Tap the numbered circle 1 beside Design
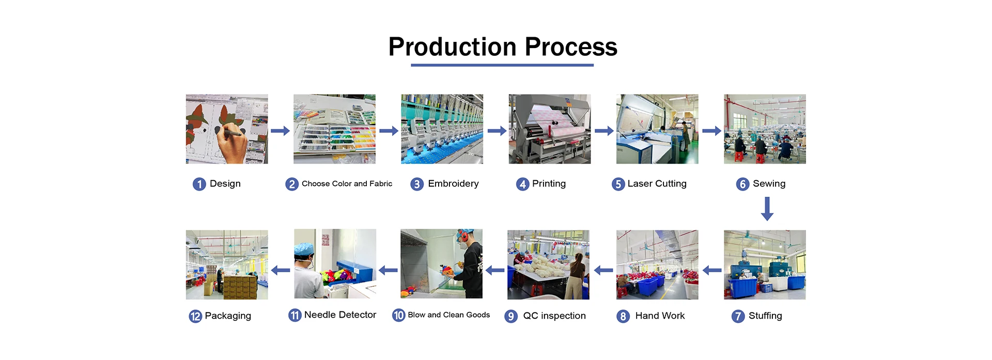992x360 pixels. (199, 184)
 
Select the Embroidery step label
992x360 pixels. (453, 184)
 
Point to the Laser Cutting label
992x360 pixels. (657, 184)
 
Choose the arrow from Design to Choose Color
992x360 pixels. (280, 131)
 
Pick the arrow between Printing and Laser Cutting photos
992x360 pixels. (603, 131)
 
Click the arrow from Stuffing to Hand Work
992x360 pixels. (711, 270)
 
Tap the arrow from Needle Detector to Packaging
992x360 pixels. (281, 270)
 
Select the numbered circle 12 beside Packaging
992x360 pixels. (195, 316)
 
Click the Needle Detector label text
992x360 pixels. (340, 315)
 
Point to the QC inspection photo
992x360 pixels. (548, 264)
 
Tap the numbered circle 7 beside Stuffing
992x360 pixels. (738, 316)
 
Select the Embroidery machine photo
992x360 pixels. (442, 129)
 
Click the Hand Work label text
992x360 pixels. (660, 316)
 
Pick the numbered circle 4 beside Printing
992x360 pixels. (522, 184)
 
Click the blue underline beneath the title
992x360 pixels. (502, 65)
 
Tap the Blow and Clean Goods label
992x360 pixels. (448, 315)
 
